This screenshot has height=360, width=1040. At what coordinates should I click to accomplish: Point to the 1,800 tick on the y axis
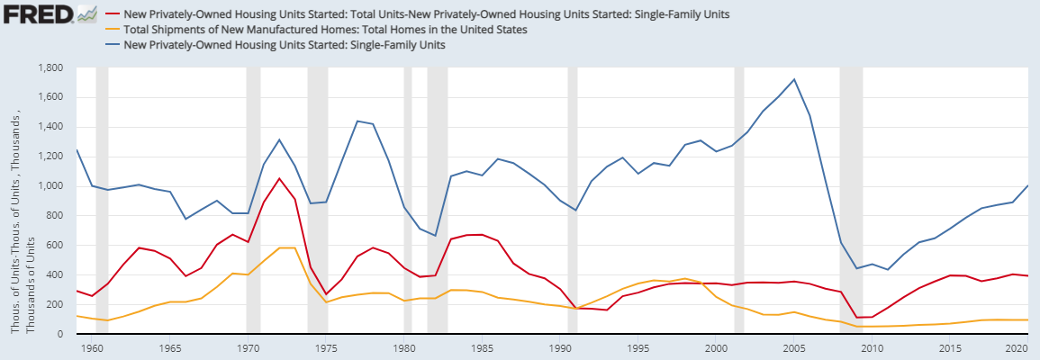tap(50, 68)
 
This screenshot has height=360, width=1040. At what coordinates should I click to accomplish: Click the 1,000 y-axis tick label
tap(50, 186)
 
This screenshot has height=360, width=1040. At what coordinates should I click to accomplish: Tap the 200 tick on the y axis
tap(57, 305)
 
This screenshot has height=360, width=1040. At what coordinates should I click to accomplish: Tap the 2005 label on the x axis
tap(793, 346)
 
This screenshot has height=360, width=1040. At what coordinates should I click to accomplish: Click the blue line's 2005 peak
tap(793, 79)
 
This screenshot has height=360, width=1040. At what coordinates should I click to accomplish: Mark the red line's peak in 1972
tap(279, 178)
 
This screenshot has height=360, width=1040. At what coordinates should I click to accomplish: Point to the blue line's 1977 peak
tap(357, 121)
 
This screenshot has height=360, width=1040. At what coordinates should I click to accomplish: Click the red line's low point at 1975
tap(326, 294)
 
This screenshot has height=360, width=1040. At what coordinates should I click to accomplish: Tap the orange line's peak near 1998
tap(684, 279)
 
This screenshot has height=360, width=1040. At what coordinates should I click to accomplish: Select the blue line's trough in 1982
tap(435, 236)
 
